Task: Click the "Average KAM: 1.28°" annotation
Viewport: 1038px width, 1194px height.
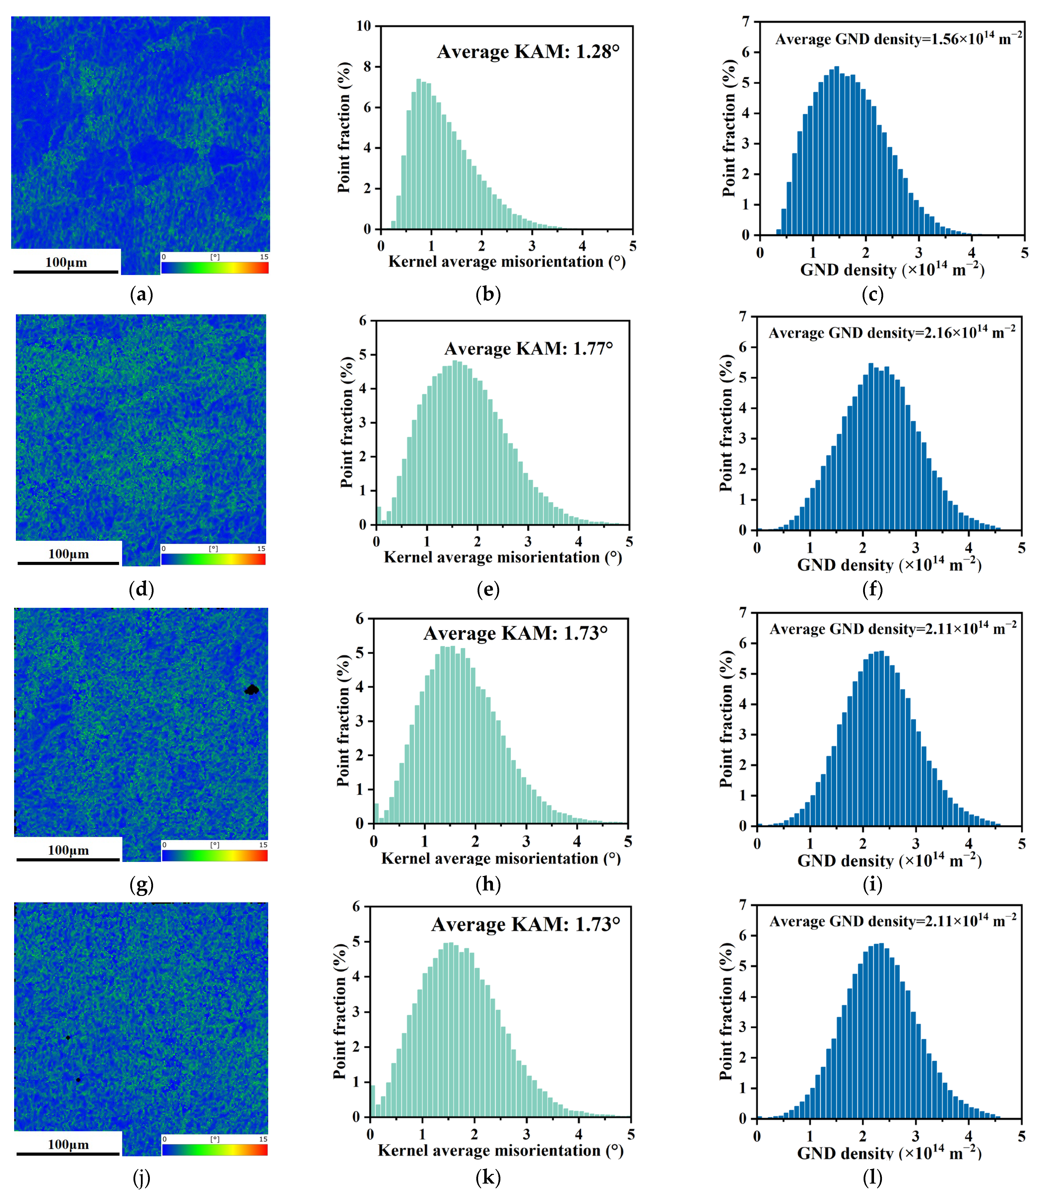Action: [x=528, y=52]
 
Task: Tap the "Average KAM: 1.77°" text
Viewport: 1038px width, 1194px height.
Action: [x=528, y=349]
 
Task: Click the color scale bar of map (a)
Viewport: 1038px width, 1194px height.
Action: [x=215, y=268]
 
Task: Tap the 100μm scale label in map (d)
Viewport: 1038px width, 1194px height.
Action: [x=68, y=554]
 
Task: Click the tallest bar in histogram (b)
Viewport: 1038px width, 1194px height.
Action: [x=418, y=154]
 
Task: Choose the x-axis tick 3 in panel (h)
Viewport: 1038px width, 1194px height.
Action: [x=526, y=841]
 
